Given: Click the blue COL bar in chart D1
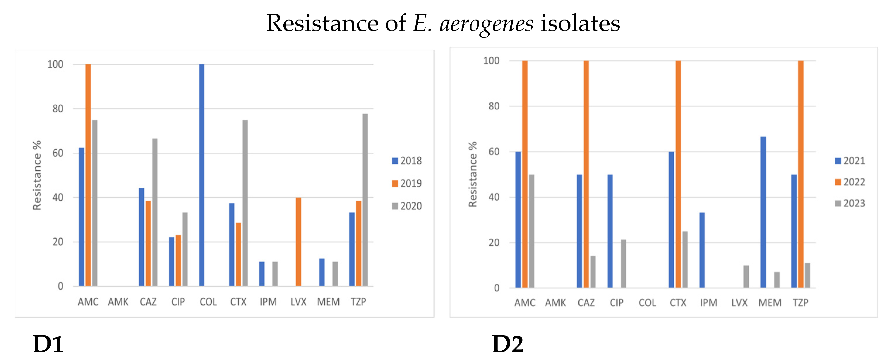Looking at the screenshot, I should click(201, 175).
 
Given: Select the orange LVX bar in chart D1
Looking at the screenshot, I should click(298, 242).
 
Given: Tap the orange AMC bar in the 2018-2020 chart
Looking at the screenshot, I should click(88, 175).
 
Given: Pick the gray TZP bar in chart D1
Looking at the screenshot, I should click(365, 200).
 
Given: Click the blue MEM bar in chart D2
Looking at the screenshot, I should click(763, 212).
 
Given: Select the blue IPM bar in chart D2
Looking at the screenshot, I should click(702, 250).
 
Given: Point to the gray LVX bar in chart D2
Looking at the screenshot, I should click(746, 276).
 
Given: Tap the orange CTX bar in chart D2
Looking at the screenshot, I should click(678, 174).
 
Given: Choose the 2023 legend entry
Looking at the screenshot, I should click(850, 203).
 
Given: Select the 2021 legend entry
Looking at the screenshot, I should click(850, 161).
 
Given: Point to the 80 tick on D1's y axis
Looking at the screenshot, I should click(58, 109).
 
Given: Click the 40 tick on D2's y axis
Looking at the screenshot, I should click(494, 197).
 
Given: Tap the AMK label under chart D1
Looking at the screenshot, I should click(118, 302).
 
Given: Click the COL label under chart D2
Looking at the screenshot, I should click(647, 303).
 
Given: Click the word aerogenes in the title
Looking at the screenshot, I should click(486, 24).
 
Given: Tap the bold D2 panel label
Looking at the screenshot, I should click(508, 344).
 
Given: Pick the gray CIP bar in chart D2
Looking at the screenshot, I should click(623, 263).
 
